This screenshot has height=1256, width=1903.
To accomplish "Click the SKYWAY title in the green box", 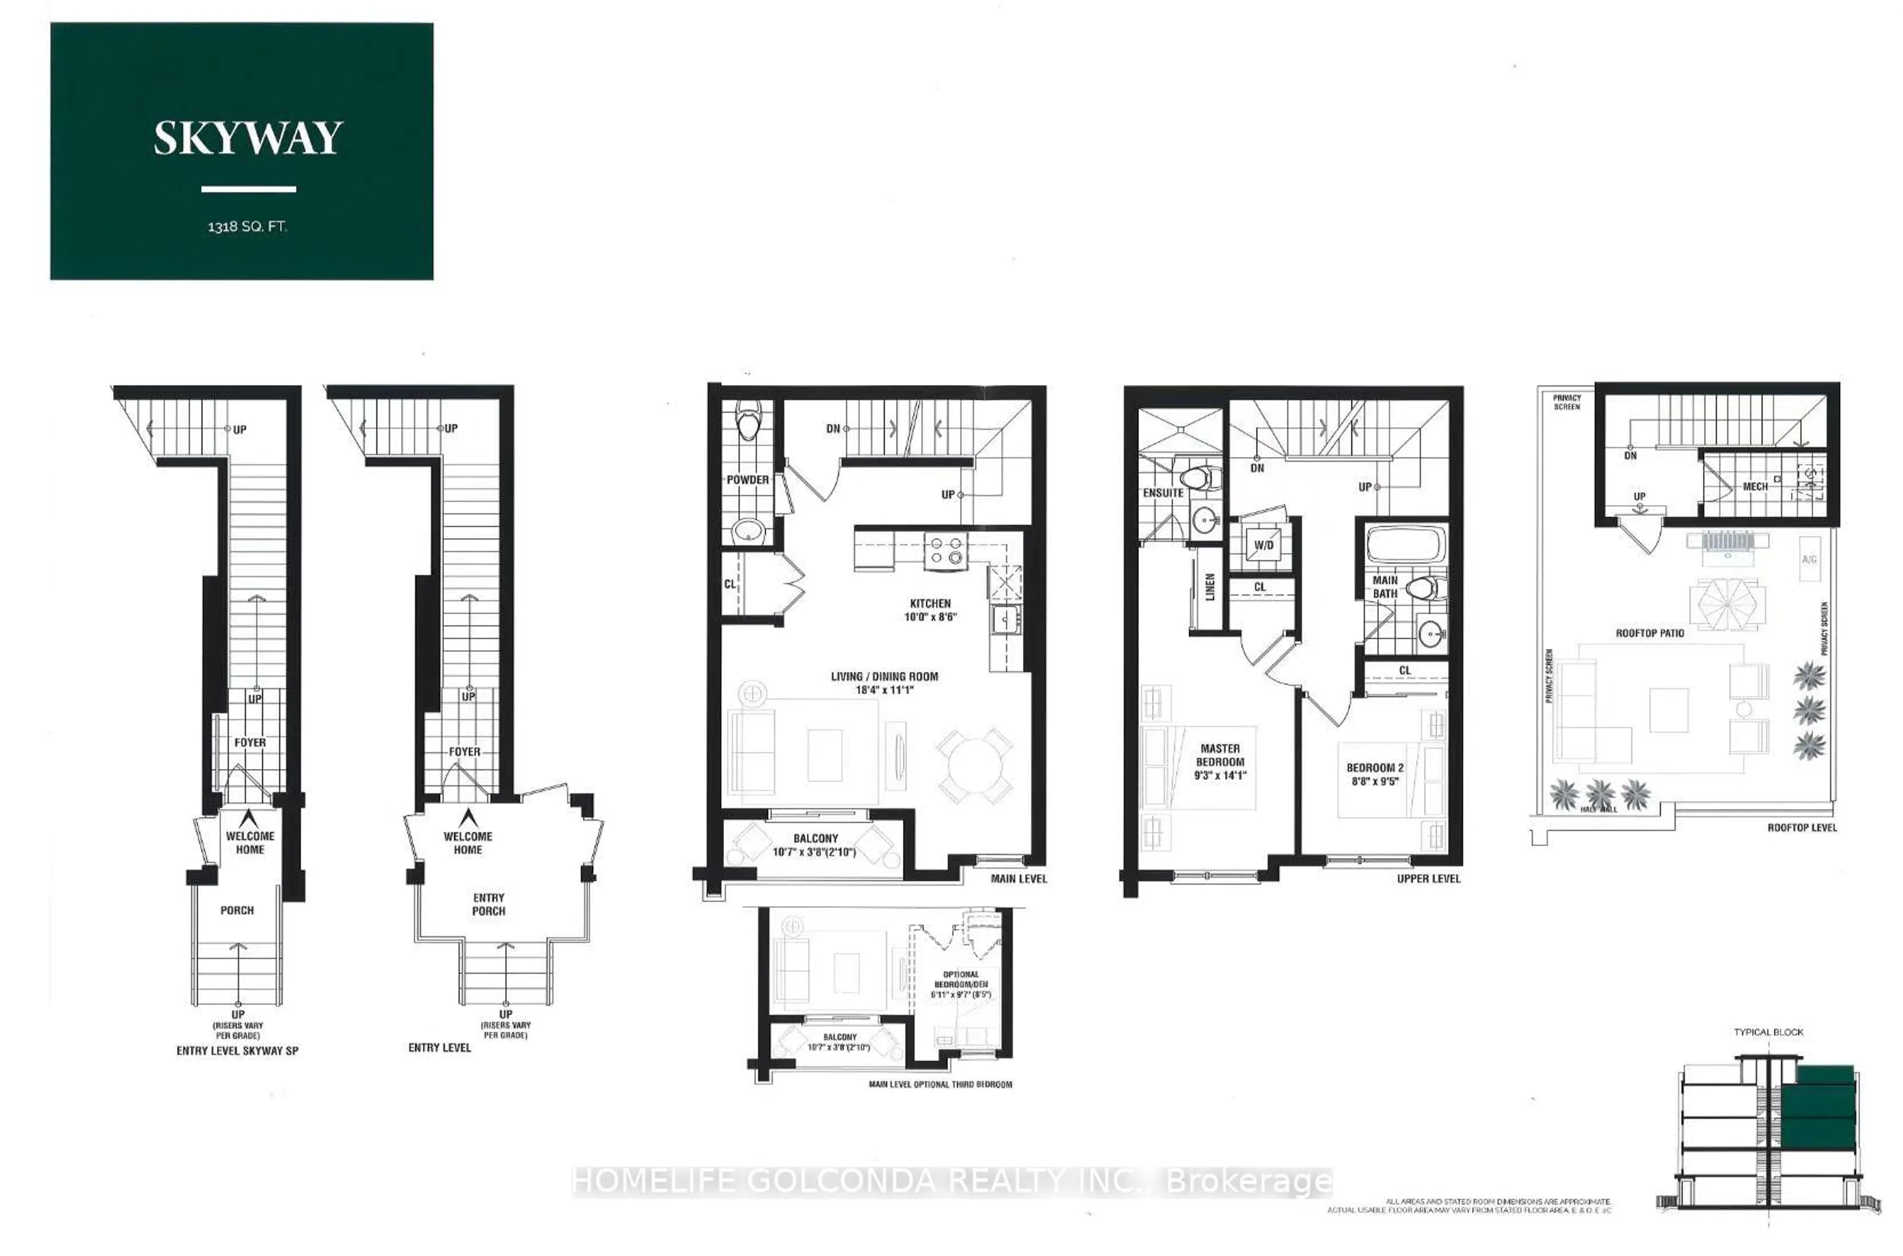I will click(x=248, y=139).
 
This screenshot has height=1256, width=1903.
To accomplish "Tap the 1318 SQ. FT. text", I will click(x=247, y=227).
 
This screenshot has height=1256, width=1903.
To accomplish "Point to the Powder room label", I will click(x=748, y=480).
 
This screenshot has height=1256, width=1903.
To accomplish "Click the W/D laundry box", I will click(x=1264, y=546).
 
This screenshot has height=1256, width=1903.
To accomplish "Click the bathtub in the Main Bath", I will click(x=1406, y=544).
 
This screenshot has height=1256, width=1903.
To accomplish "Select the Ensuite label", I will click(x=1163, y=492).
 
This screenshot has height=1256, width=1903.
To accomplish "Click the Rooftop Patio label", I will click(x=1650, y=633).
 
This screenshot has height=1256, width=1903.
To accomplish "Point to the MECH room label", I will click(x=1755, y=486).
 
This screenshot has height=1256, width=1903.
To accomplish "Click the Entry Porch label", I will click(x=489, y=904).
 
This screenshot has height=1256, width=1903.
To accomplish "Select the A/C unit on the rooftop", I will click(x=1808, y=559).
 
